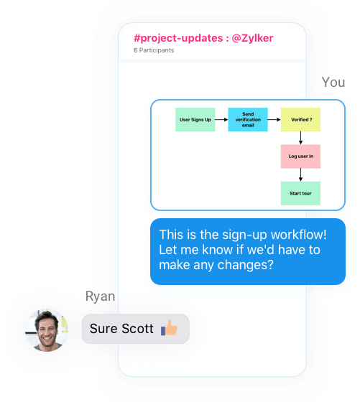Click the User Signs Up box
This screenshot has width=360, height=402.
coord(195,119)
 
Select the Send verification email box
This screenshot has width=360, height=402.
coord(248,119)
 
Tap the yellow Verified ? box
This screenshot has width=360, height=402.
coord(300,119)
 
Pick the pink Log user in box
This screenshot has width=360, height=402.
coord(300,156)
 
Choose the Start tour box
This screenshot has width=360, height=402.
coord(300,193)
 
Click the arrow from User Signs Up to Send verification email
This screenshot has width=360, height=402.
coord(221,119)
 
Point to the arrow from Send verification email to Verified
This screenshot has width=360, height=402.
coord(274,119)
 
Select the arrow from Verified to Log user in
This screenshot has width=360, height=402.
coord(300,138)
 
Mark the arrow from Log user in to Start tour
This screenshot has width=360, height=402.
coord(300,175)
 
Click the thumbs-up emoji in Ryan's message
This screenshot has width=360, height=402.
coord(169,327)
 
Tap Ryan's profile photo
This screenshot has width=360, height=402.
coord(47,330)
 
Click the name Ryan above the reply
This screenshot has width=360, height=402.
coord(100,296)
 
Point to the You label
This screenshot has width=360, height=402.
coord(333,83)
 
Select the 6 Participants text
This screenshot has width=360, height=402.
coord(154,50)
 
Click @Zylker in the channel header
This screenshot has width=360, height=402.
coord(252,38)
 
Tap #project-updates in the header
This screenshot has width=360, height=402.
coord(178,39)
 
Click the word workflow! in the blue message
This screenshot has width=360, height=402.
coord(299,234)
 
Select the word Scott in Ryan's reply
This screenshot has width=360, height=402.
coord(137,329)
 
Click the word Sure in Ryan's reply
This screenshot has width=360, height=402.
coord(103,329)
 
